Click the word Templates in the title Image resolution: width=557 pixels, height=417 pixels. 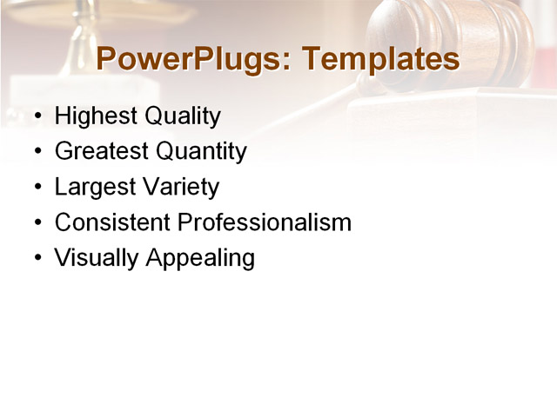point(379,59)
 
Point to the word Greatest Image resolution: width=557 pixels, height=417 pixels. point(102,151)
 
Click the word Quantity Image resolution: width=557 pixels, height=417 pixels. point(201,151)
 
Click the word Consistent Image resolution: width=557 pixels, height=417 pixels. point(113,222)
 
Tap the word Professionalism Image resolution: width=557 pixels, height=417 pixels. point(265,222)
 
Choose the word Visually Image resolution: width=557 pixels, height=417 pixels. point(95,258)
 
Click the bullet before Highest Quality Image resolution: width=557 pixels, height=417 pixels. point(37,116)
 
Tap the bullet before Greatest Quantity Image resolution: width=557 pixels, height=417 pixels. point(37,152)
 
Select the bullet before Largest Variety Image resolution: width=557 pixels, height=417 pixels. point(37,188)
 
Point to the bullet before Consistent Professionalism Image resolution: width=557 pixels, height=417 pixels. point(37,223)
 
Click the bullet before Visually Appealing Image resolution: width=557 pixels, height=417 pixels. point(37,259)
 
